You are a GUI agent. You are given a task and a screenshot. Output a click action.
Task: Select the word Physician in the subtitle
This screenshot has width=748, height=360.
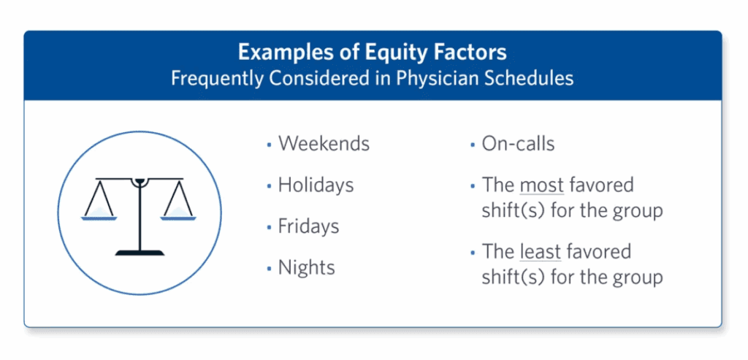point(436,78)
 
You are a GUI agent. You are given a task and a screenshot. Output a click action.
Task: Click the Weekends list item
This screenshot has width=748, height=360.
point(324,143)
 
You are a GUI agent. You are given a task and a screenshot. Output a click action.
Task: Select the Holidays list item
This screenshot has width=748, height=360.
point(316,185)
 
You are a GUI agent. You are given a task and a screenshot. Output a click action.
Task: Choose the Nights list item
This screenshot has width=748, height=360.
point(306,267)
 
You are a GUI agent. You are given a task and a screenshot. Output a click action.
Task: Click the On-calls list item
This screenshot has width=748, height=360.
point(518,143)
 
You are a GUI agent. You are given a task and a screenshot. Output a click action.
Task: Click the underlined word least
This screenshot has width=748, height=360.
point(540,253)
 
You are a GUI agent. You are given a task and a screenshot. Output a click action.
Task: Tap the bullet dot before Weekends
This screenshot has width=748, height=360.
point(269,145)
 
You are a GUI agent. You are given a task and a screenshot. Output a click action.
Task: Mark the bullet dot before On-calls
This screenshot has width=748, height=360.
point(473,145)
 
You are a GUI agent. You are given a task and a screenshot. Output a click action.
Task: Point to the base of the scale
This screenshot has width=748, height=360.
point(139,252)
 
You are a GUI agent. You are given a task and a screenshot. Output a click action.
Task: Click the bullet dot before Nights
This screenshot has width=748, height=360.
point(269,269)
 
